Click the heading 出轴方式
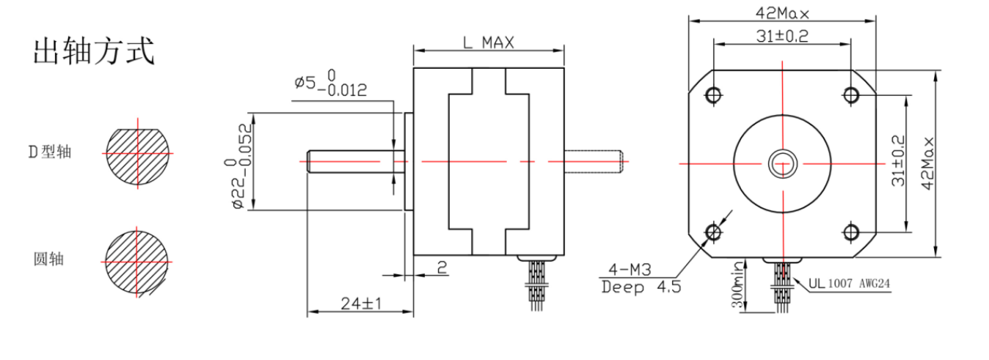click(x=94, y=53)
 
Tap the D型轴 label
click(x=50, y=152)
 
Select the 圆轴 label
click(x=49, y=259)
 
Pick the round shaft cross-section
click(x=138, y=261)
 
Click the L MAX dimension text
click(x=488, y=42)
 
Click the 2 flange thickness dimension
click(x=443, y=268)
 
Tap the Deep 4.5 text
click(x=641, y=287)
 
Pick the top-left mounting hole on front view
click(x=712, y=94)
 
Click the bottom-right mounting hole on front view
click(x=851, y=232)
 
